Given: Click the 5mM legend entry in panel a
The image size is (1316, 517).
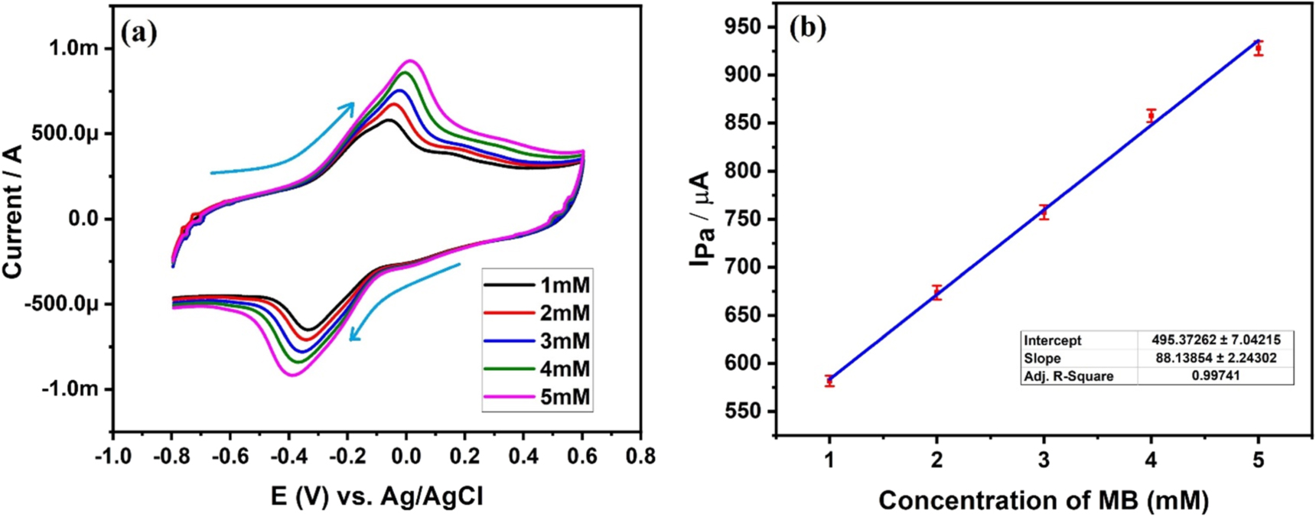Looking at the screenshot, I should point(565,398).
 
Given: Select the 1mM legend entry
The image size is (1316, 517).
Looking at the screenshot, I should point(565,286).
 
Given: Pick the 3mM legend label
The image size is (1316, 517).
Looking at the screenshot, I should point(565,342).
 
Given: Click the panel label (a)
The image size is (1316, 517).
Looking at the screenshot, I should point(139,33).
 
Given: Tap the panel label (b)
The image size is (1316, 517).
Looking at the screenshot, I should point(808,28).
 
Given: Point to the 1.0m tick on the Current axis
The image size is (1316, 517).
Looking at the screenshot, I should point(73,48).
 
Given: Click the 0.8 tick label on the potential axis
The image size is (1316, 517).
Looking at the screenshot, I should point(640,457).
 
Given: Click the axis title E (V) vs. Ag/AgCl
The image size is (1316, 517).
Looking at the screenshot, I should point(376,497).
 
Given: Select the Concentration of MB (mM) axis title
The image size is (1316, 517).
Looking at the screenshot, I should point(1044,500).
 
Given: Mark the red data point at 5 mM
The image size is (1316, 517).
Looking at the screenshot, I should point(1258,48).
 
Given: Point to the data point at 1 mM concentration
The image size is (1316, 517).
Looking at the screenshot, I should point(829,380).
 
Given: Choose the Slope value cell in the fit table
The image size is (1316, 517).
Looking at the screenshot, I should point(1215,358).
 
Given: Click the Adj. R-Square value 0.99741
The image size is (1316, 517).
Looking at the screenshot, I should point(1215,376).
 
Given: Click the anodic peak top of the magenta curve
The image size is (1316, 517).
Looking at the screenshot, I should point(410,60).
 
